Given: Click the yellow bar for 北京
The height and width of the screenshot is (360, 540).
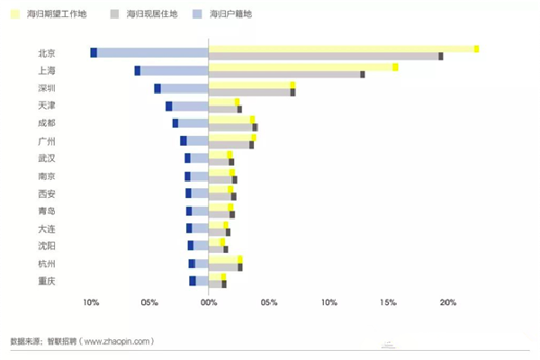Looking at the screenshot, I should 342,49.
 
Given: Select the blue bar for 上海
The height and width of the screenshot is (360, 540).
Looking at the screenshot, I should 173,70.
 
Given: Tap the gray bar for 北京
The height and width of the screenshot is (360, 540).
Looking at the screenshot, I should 324,57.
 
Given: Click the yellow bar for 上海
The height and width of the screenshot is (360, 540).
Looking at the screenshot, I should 301,67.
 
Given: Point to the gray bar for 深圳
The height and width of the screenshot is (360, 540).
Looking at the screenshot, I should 251,92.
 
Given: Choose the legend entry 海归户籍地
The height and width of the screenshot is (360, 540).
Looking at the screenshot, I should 229,15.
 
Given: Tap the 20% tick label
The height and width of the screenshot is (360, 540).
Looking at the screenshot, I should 447,301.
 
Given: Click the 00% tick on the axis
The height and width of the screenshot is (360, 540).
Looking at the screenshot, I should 209,301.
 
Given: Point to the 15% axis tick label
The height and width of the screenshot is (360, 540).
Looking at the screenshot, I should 388,301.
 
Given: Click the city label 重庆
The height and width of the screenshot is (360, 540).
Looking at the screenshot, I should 47,281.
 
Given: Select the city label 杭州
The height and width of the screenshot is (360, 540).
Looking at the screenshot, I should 47,264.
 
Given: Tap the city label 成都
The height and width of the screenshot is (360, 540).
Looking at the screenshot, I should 47,122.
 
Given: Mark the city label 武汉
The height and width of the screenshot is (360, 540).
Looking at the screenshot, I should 47,158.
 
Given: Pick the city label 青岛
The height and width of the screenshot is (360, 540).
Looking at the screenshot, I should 47,211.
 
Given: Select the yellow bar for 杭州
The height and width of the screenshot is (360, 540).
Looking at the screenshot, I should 225,259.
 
